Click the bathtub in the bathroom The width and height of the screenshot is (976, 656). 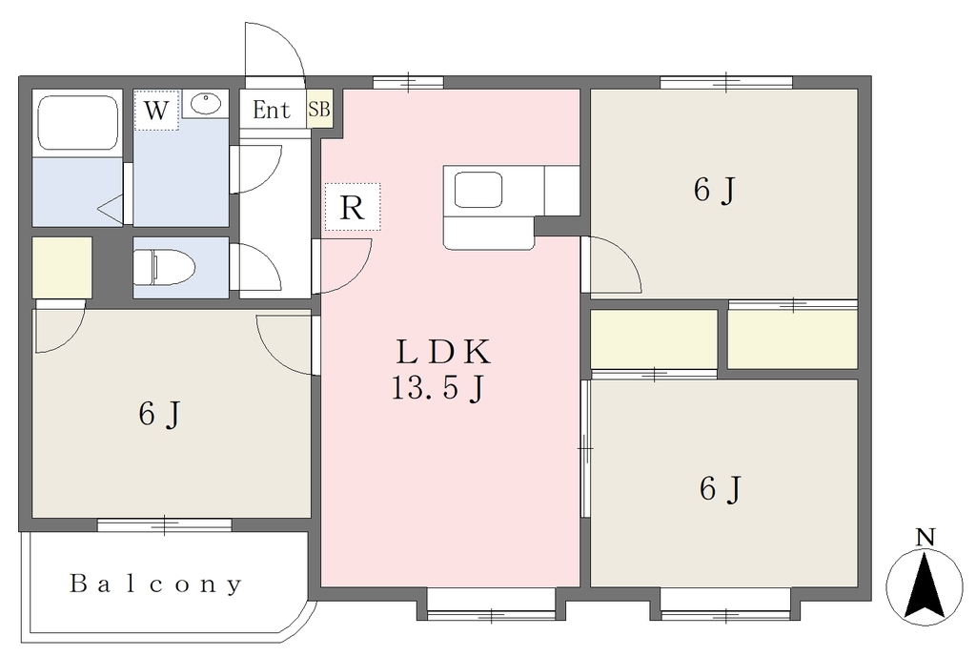(x=78, y=123)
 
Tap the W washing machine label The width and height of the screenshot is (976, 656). (x=156, y=111)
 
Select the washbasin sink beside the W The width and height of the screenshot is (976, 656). (x=206, y=104)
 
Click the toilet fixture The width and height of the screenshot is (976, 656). (x=164, y=267)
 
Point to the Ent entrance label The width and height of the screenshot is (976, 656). (x=272, y=111)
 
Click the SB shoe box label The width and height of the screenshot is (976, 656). (x=319, y=109)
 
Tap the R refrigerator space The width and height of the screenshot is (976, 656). (x=353, y=207)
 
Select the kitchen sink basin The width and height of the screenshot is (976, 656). (x=478, y=190)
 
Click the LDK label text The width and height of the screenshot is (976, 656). (x=444, y=352)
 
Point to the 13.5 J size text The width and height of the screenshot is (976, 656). (x=437, y=389)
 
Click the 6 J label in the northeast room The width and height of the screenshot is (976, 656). (x=715, y=190)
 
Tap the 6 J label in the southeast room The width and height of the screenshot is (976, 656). (x=721, y=488)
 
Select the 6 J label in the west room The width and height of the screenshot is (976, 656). (x=159, y=414)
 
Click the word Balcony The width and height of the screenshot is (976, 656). (x=155, y=584)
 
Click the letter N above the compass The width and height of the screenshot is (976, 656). (x=926, y=537)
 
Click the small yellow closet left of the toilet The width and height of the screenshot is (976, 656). (x=62, y=268)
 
